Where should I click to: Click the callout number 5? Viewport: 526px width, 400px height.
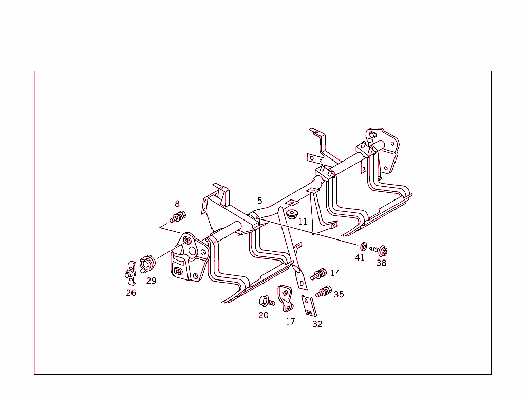pos(259,201)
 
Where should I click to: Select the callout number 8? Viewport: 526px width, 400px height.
pos(177,204)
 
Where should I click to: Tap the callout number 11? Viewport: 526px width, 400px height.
pos(303,222)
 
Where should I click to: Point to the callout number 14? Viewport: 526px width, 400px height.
pos(335,273)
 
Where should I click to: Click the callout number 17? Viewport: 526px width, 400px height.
pos(291,321)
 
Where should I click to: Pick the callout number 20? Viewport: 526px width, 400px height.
pos(264,315)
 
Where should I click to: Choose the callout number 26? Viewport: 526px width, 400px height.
pos(131,293)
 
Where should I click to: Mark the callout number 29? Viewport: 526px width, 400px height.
pos(152,281)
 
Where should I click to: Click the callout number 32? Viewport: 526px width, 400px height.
pos(317,324)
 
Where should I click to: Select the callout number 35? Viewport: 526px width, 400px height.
pos(339,294)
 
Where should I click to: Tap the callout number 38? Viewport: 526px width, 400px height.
pos(382,263)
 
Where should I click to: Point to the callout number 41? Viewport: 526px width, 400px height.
pos(360,257)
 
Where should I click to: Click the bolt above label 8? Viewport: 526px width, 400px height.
pos(178,216)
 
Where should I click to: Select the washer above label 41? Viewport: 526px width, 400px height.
pos(363,247)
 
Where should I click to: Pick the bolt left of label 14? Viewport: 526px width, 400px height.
pos(318,274)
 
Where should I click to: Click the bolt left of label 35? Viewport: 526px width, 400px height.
pos(324,291)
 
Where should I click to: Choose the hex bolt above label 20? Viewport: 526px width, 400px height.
pos(267,301)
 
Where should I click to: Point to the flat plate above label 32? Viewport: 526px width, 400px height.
pos(309,306)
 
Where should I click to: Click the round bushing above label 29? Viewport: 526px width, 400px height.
pos(147,263)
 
